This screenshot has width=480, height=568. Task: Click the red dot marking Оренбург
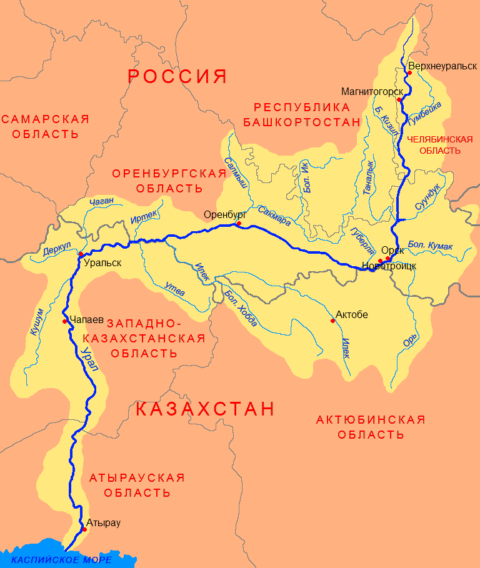(x=239, y=224)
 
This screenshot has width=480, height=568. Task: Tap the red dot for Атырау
(x=84, y=529)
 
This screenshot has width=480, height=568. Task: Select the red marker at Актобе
(x=332, y=321)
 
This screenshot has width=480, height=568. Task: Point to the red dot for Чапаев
(x=65, y=321)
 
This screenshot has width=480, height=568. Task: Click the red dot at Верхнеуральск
(x=409, y=73)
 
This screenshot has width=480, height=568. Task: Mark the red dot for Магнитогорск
(x=399, y=100)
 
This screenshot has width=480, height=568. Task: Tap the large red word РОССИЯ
(x=177, y=77)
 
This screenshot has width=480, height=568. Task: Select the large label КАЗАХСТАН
(x=205, y=409)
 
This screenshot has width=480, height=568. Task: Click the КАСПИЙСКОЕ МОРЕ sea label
(x=62, y=559)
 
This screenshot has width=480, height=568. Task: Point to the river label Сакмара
(x=274, y=214)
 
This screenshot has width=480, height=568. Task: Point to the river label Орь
(x=409, y=341)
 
